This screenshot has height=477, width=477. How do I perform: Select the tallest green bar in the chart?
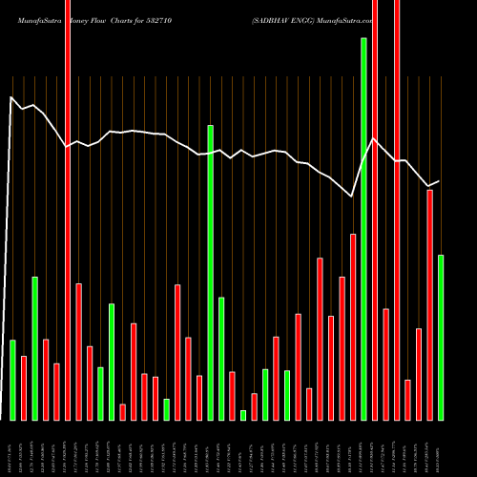363,229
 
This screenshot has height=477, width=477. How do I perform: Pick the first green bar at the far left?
12,380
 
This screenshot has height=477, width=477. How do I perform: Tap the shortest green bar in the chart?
243,415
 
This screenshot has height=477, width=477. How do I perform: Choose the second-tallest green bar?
210,272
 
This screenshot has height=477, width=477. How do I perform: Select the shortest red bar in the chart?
122,411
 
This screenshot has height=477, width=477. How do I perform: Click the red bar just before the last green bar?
429,304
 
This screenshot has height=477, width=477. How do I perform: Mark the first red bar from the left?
23,387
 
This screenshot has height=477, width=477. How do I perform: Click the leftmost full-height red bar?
67,210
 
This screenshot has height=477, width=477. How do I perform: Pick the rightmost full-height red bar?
397,210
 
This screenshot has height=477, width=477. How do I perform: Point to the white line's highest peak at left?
11,97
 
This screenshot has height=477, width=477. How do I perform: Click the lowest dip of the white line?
352,197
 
